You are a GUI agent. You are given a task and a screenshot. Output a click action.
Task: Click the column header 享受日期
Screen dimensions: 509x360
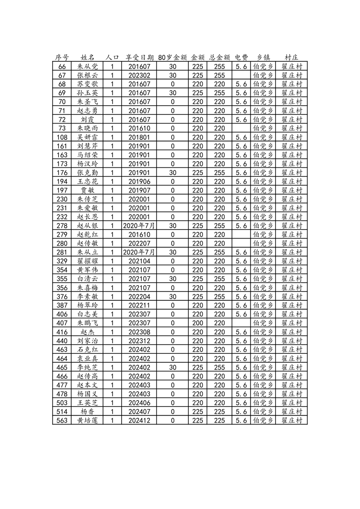point(139,58)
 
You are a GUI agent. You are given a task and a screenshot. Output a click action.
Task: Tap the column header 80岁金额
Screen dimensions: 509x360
point(173,58)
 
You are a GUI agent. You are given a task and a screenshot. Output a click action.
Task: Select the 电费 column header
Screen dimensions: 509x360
point(242,58)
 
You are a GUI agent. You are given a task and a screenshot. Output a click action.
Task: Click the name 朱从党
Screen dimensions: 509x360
point(87,66)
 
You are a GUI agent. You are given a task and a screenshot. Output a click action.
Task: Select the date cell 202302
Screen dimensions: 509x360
point(139,75)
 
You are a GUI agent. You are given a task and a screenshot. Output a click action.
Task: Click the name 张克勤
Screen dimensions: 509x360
point(87,172)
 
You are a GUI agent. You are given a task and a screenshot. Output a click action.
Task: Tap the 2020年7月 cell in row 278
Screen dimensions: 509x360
point(139,225)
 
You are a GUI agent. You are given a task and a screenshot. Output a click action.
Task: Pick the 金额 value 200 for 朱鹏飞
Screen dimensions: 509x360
point(197,323)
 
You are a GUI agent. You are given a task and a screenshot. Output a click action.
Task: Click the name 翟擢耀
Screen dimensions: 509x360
point(87,261)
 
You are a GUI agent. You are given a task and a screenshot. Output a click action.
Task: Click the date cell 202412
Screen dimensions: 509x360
point(139,421)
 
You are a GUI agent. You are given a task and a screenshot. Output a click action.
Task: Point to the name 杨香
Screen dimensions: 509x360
point(87,411)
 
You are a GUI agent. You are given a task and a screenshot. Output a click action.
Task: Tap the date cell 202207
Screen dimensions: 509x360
point(139,243)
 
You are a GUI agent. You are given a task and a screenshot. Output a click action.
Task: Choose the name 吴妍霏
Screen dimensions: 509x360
point(87,137)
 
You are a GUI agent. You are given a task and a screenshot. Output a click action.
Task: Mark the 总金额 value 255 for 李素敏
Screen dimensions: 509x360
point(220,296)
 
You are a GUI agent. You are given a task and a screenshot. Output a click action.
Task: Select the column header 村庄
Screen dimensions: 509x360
point(291,58)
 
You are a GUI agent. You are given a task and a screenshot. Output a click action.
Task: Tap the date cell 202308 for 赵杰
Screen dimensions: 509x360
point(139,332)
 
